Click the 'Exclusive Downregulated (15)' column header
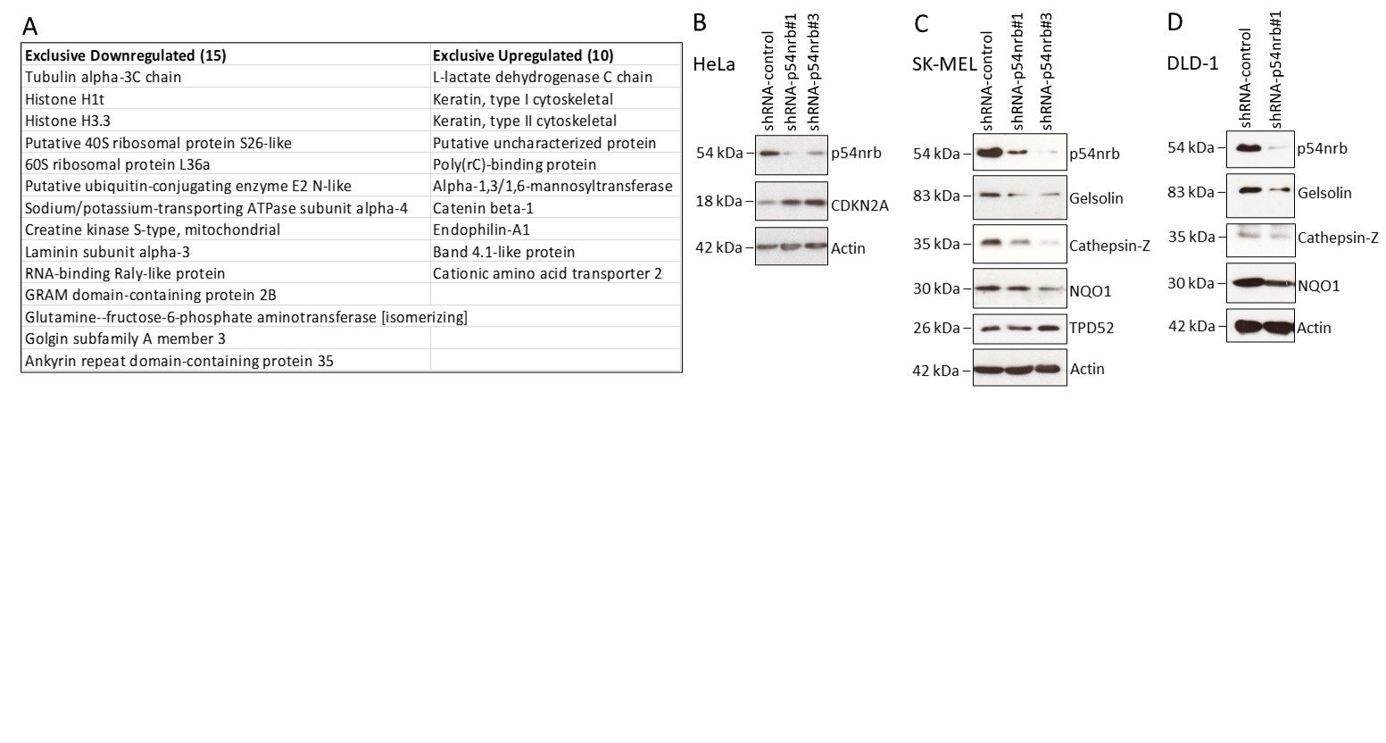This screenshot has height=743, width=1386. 126,55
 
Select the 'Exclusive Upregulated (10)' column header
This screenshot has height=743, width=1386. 524,55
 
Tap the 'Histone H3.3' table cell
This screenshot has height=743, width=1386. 68,121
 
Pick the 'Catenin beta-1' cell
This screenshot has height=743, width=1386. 483,208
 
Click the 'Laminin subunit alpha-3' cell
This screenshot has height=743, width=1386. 107,252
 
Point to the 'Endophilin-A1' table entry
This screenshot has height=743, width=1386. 481,230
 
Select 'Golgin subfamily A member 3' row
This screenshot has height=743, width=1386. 125,338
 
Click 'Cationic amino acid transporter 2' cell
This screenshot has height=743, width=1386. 548,273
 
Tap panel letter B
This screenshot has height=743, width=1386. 700,23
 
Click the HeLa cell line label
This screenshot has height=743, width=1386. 714,64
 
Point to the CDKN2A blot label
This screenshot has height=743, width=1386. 860,205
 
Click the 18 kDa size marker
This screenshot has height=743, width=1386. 718,201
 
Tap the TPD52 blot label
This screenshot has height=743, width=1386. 1092,328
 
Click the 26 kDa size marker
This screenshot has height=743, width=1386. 936,328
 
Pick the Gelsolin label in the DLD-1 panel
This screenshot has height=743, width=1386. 1324,193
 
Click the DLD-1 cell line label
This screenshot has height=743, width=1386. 1193,63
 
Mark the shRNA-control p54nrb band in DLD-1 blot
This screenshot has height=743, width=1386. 1248,148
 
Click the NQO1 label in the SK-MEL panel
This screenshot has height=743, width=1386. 1091,291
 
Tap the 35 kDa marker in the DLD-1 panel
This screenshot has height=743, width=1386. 1191,238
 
